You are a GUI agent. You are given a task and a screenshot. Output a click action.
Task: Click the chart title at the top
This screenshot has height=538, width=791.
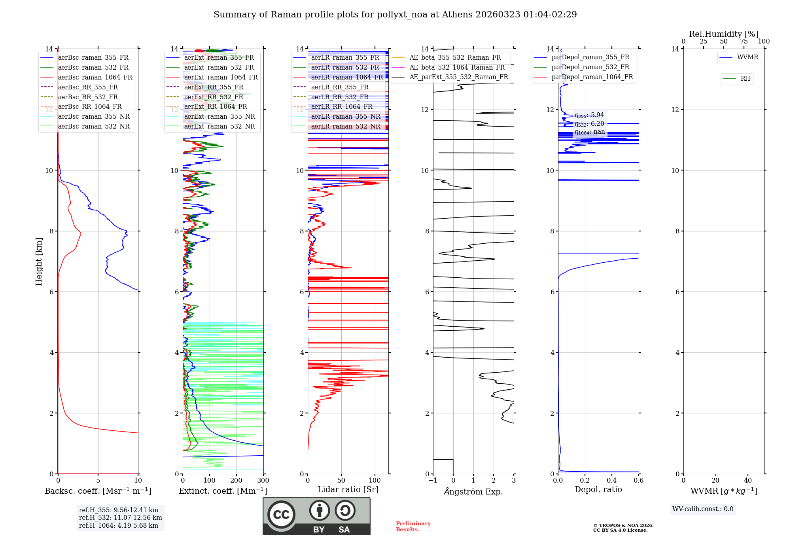395,15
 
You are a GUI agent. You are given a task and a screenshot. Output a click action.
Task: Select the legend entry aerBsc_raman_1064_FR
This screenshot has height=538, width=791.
95,77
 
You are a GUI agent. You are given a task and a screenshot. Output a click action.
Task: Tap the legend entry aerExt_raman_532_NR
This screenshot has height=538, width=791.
220,126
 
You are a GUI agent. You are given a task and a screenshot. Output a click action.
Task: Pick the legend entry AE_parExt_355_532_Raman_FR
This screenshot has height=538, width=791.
458,77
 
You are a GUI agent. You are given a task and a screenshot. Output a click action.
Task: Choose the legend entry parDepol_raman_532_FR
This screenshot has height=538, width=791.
590,67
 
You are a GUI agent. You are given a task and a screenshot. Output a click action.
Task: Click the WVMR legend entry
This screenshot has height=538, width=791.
747,57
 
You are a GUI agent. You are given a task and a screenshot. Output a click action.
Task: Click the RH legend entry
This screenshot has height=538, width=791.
745,79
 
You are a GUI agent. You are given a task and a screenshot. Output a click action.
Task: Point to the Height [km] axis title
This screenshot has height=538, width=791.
39,261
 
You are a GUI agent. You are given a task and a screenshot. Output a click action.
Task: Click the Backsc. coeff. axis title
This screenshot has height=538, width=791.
98,491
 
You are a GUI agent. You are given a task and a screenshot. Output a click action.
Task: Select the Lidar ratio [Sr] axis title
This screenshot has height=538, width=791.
348,489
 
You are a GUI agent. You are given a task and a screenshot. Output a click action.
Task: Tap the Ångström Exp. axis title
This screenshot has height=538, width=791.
473,491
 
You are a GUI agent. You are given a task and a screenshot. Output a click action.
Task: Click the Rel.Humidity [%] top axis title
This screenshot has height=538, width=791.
723,34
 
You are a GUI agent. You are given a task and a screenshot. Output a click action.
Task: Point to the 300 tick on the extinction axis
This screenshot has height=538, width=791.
263,481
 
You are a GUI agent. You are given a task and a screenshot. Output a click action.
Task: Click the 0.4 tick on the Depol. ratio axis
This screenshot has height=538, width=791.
611,481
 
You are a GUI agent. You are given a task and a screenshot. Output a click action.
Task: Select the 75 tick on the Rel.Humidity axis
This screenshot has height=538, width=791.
744,42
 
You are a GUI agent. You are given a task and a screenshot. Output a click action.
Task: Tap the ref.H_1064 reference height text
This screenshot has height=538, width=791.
119,525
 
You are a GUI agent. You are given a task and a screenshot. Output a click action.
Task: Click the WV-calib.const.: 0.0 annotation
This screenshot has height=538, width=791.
703,509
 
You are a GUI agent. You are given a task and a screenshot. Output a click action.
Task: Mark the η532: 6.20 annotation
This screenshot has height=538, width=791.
589,123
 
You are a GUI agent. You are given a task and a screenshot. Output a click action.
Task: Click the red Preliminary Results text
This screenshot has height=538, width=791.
413,527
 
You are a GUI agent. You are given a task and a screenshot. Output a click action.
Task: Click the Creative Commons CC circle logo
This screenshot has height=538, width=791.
281,514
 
